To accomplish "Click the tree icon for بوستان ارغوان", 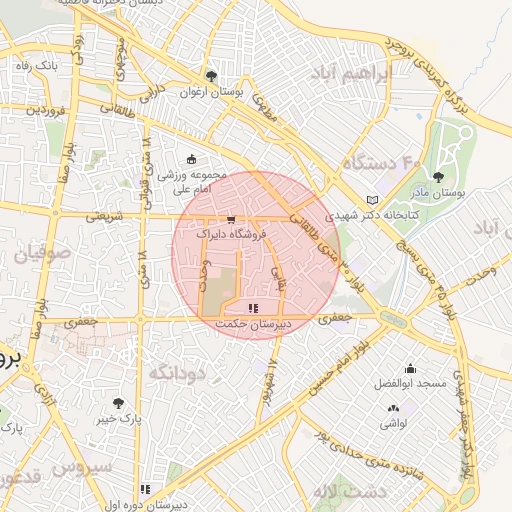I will pos(210,75).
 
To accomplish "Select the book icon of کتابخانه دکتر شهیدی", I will pos(373,199).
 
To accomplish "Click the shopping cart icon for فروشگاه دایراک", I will pos(232,218).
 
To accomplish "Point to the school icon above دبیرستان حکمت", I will pos(253,308).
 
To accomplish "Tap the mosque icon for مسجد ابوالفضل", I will pos(409,369).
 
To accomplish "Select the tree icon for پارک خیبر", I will pos(118,403).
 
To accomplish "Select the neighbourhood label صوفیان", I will pos(42,255).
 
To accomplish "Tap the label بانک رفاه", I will pos(36,65).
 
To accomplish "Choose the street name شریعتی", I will pos(104,214).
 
